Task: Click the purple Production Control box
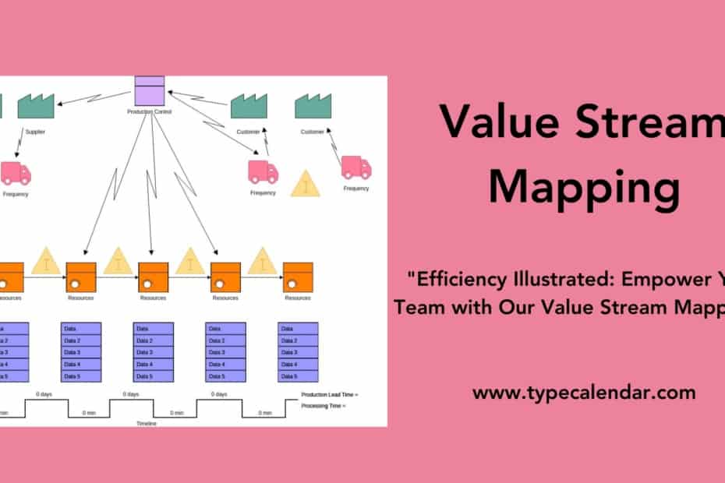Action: click(x=149, y=91)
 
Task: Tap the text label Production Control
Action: click(x=149, y=112)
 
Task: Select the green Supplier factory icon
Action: click(x=35, y=106)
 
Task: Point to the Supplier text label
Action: click(x=35, y=132)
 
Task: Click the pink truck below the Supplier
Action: click(x=16, y=173)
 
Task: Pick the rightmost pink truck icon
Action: click(x=356, y=167)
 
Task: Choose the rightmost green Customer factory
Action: click(x=313, y=106)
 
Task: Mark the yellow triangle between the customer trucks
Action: click(x=305, y=185)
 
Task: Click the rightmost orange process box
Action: click(x=298, y=277)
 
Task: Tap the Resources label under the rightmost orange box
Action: click(x=298, y=298)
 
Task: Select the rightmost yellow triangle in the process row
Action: click(x=263, y=261)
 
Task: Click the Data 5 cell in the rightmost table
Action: click(x=298, y=376)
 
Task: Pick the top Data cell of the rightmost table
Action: click(x=298, y=329)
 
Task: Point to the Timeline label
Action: click(x=147, y=423)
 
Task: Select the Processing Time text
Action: click(x=323, y=406)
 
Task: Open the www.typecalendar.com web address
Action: click(x=584, y=393)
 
